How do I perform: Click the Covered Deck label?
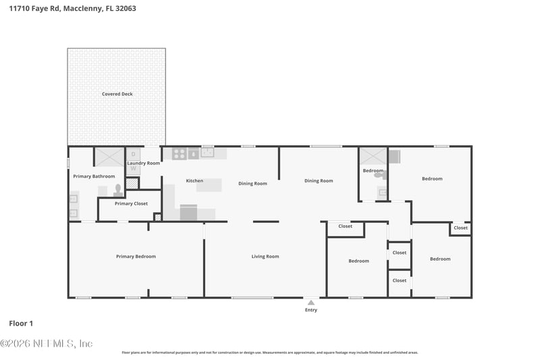(117, 94)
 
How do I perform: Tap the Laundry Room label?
(144, 163)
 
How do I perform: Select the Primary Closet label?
(131, 203)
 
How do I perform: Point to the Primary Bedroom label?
(136, 257)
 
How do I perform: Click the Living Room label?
(265, 257)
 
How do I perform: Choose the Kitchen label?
(194, 181)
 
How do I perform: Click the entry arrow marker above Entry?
(310, 303)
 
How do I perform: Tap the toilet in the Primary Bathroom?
(117, 190)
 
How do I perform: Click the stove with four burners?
(179, 153)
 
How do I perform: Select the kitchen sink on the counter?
(207, 153)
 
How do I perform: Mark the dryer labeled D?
(133, 154)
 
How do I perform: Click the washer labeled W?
(133, 168)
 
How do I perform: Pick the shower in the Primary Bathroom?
(108, 157)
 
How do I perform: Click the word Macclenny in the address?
(82, 9)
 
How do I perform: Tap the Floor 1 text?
(20, 324)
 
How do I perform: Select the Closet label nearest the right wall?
(460, 228)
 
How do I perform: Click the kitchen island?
(209, 184)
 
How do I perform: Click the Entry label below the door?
(310, 310)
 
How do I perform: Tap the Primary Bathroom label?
(94, 176)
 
